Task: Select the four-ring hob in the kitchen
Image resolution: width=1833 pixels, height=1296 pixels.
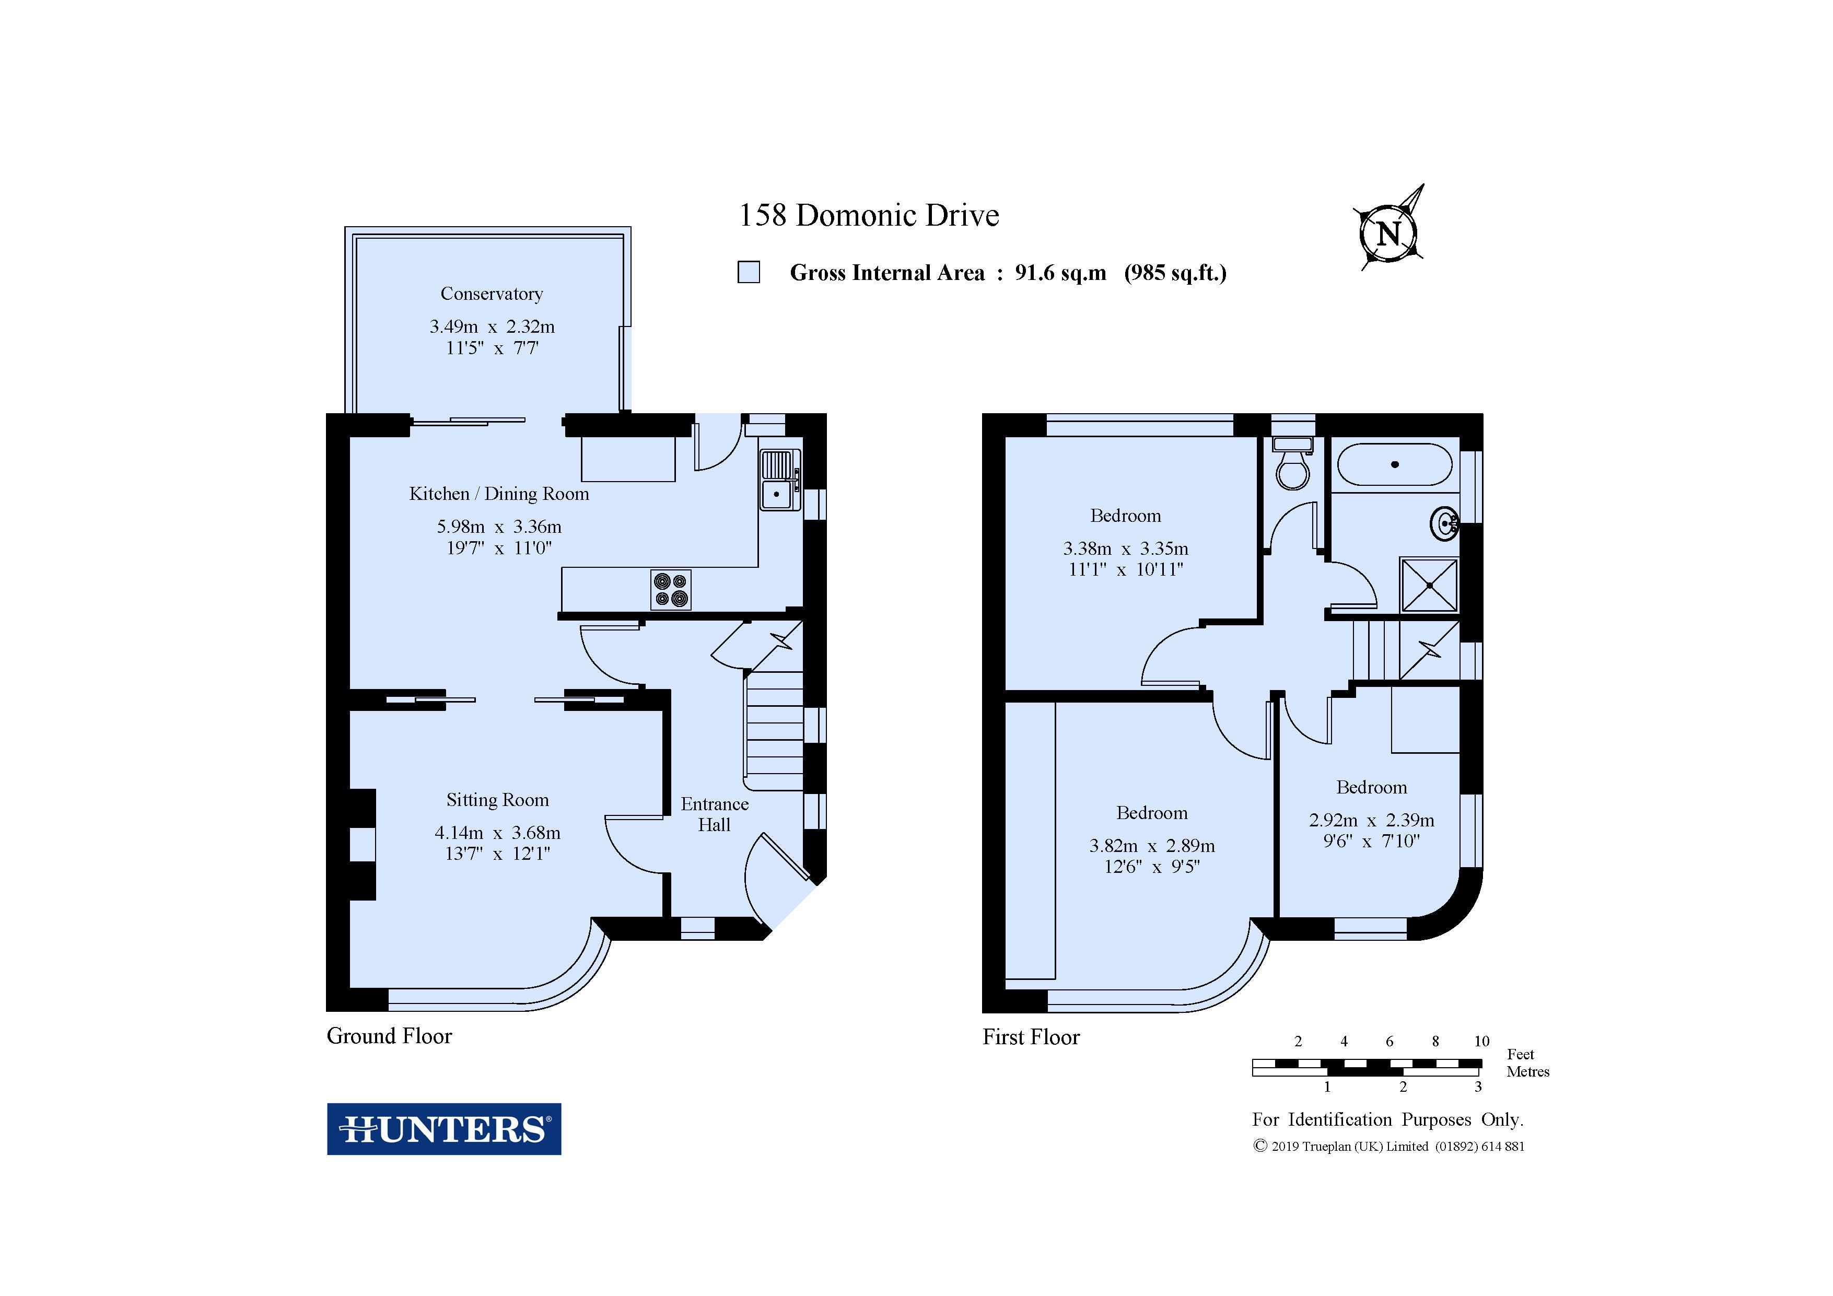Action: click(x=671, y=590)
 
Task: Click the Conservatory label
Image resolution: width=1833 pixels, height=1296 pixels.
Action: click(x=492, y=294)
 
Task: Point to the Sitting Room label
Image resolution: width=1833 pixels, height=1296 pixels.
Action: click(x=497, y=800)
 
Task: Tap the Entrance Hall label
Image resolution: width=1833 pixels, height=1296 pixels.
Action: click(x=715, y=814)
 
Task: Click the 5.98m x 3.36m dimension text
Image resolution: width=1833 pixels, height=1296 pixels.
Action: click(x=499, y=527)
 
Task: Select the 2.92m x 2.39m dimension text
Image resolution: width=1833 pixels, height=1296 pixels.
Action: click(x=1372, y=820)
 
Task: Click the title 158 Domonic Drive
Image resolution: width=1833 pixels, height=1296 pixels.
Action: click(x=869, y=216)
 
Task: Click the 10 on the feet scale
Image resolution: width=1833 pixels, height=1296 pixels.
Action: click(x=1482, y=1041)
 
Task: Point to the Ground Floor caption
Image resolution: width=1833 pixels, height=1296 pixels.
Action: click(x=390, y=1036)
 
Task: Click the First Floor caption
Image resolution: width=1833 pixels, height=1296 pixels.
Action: click(x=1031, y=1037)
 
